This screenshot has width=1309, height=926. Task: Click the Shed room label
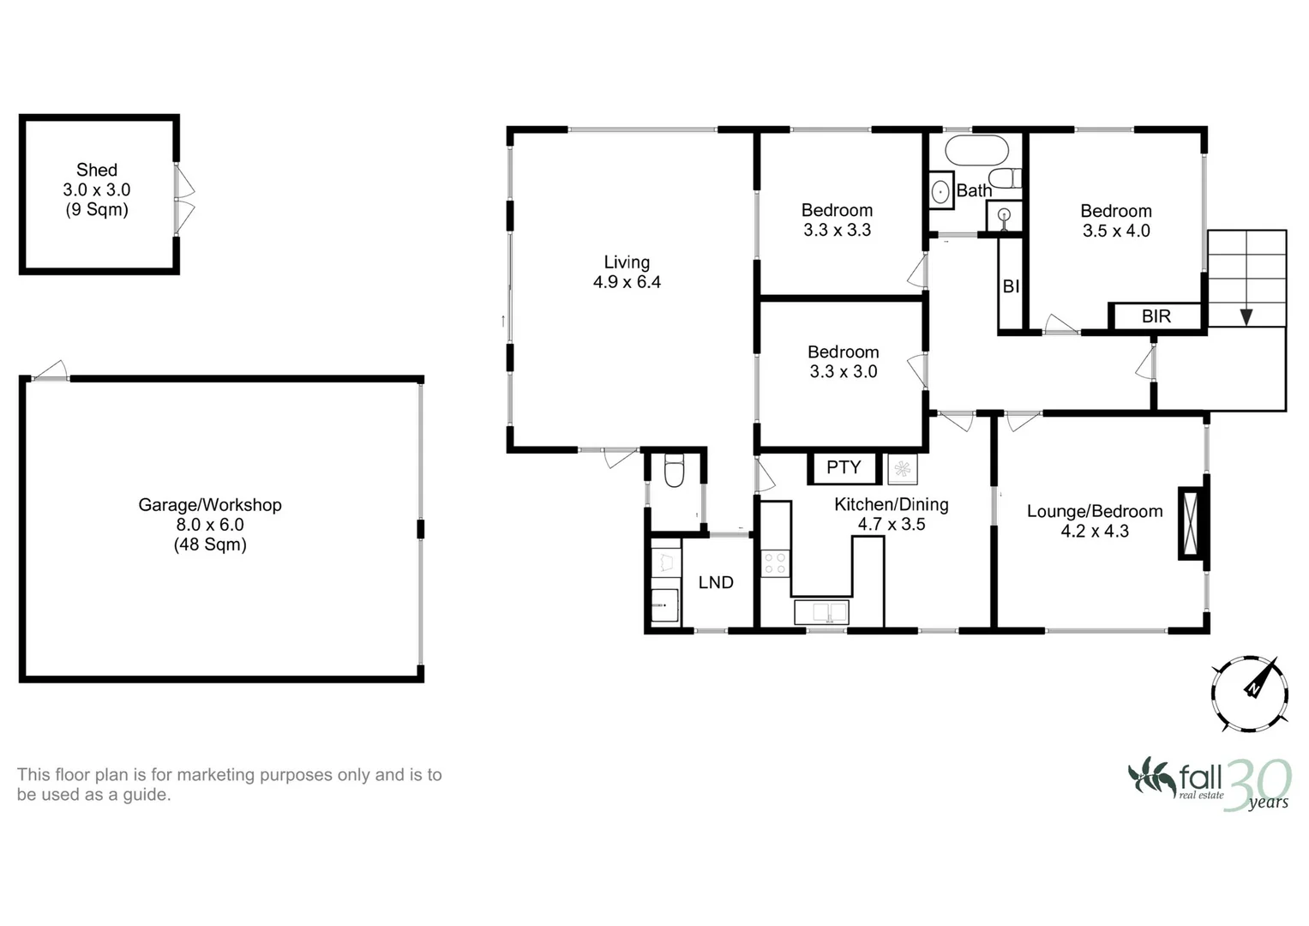point(96,170)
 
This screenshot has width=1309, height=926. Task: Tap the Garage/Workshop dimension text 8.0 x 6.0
point(210,525)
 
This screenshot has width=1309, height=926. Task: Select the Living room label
point(627,262)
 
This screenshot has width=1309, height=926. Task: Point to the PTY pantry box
point(844,467)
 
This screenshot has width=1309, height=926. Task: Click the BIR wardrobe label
point(1156,316)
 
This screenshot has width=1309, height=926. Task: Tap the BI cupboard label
point(1011,286)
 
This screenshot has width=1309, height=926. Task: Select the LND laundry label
point(716,583)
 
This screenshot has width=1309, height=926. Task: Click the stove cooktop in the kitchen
point(775,563)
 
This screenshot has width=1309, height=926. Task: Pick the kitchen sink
point(821,612)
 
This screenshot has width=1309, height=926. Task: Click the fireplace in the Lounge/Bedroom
point(1191,523)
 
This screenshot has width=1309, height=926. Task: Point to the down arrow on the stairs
point(1246,316)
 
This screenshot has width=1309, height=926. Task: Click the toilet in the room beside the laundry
point(674,472)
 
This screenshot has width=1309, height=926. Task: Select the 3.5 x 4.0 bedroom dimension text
point(1116,231)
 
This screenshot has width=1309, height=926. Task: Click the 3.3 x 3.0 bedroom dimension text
point(843,372)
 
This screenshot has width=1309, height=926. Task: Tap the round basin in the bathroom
point(941,190)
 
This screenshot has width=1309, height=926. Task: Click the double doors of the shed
point(184,199)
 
